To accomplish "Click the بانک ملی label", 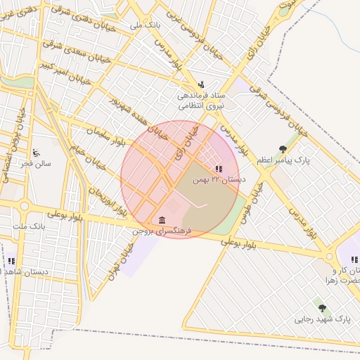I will (x=146, y=25).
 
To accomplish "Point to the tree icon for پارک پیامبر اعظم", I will (x=283, y=149).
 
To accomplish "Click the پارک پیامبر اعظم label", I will (x=283, y=160).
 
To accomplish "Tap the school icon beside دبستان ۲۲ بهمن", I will (x=218, y=169).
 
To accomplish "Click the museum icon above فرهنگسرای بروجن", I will (x=162, y=220).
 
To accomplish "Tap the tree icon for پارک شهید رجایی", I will (x=322, y=308).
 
